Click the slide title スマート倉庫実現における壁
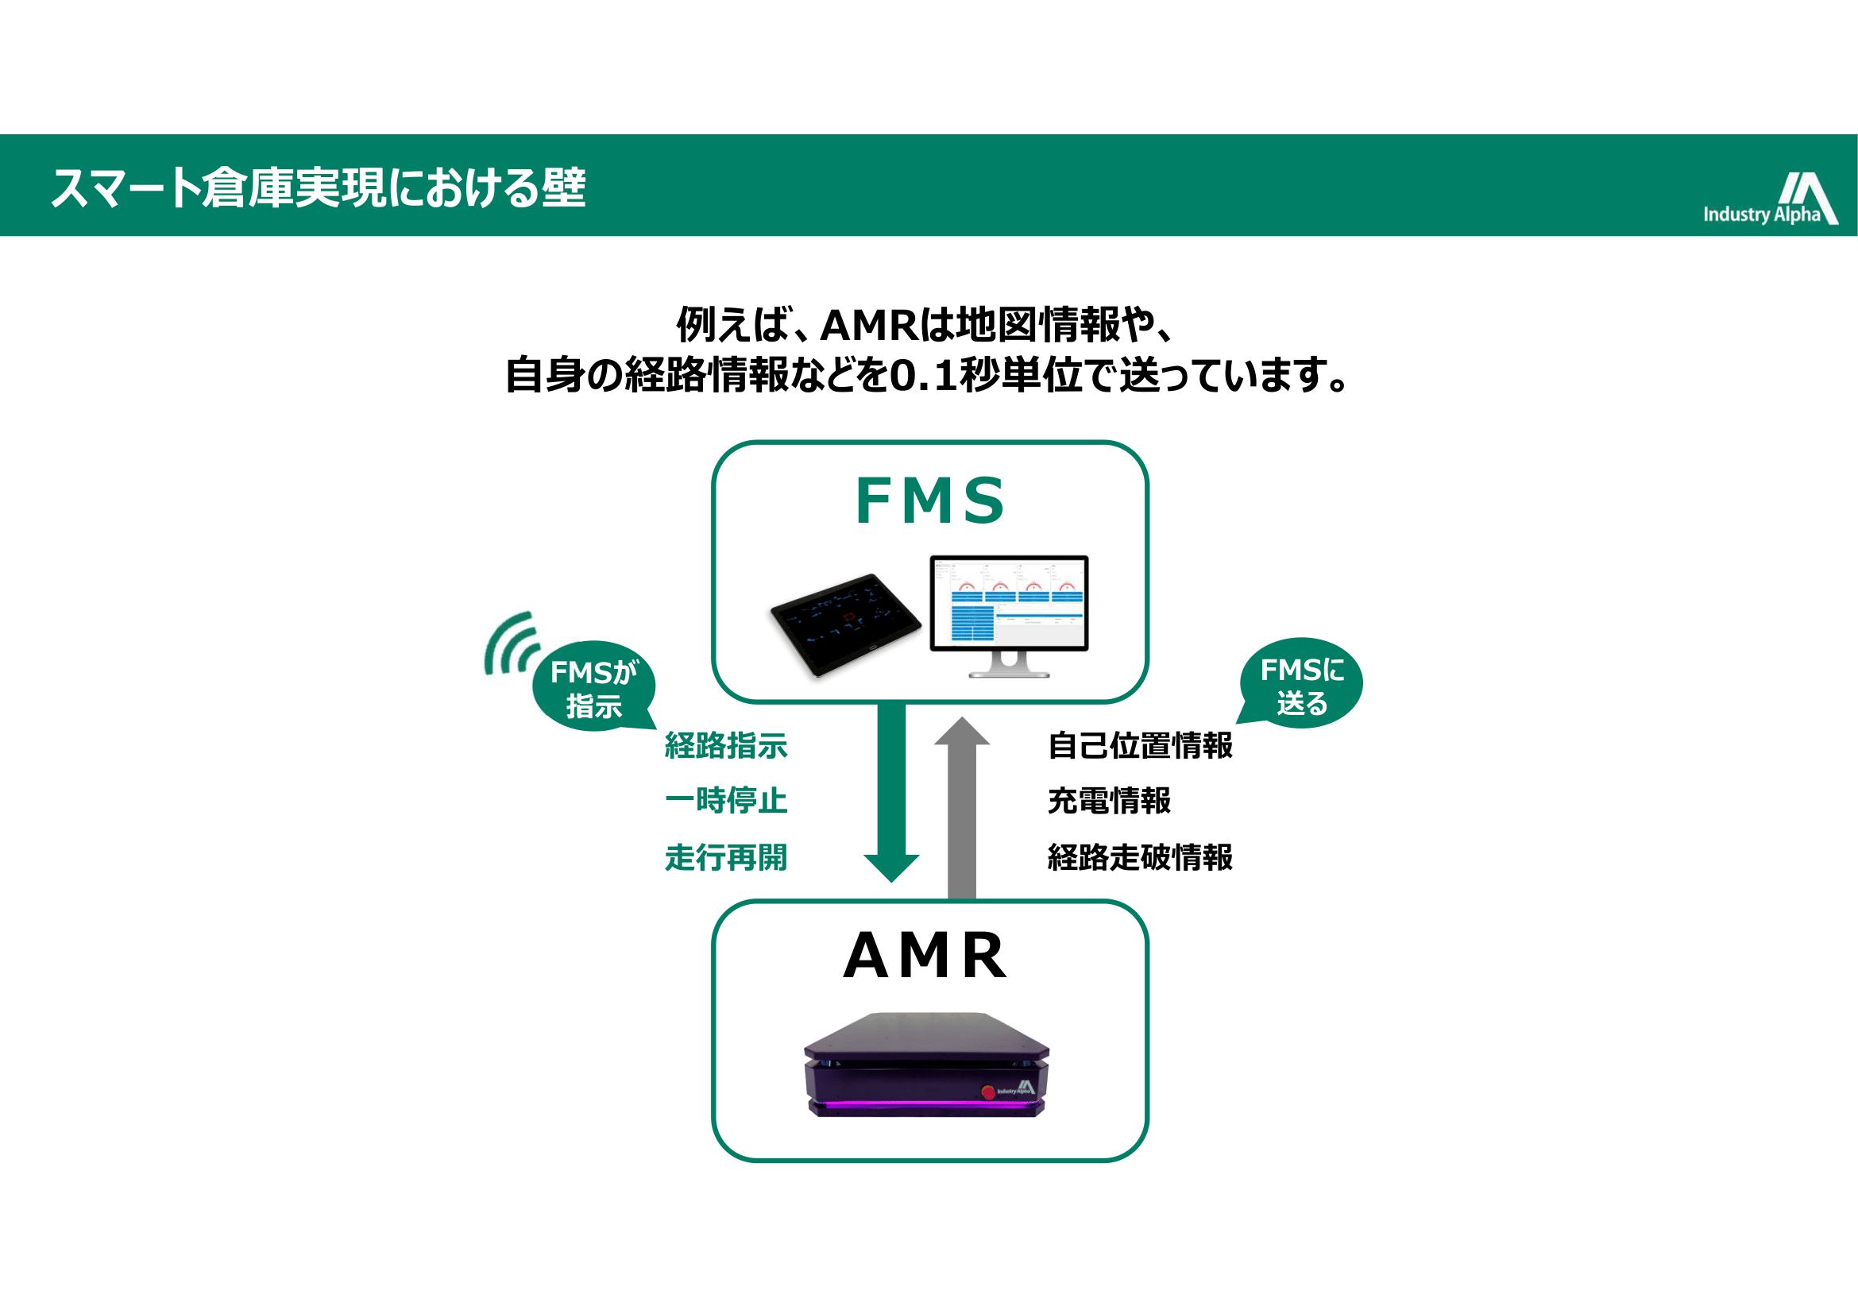click(318, 187)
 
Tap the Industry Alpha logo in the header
click(1770, 199)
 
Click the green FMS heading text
click(930, 500)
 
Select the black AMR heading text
click(925, 956)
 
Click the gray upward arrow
click(961, 809)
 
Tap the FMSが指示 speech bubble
click(594, 688)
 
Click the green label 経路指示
click(726, 745)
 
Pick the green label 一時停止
click(726, 800)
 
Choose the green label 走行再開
click(726, 857)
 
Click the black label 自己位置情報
click(1139, 745)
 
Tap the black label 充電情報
click(1109, 800)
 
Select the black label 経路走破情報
click(1139, 857)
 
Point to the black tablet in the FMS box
click(845, 623)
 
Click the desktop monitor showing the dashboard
click(1008, 603)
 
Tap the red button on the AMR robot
click(988, 1092)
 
